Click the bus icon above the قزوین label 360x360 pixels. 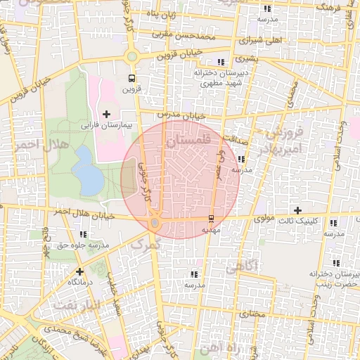[x=131, y=78]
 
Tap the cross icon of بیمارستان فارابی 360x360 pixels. [x=106, y=114]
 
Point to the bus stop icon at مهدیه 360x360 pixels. [x=212, y=218]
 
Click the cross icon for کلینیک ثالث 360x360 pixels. [x=298, y=210]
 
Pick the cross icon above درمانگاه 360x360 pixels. [x=79, y=271]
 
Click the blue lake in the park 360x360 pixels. [x=88, y=171]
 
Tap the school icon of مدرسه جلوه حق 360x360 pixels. [x=84, y=234]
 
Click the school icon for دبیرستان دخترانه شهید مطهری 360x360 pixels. [x=221, y=62]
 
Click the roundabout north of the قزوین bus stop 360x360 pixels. [x=131, y=57]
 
